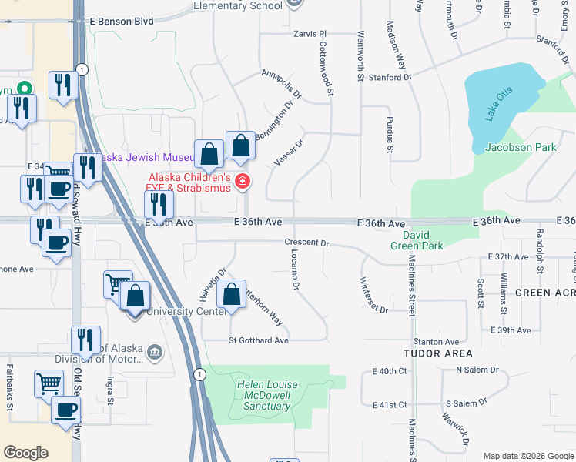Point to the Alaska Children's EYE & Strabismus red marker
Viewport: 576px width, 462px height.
243,182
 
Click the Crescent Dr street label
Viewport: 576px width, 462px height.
306,243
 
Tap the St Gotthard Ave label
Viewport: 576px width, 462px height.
259,340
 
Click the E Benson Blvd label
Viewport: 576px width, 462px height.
122,22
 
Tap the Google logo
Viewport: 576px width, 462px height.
25,453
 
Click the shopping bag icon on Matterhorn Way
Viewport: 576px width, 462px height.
231,293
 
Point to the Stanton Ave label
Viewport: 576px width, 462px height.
436,341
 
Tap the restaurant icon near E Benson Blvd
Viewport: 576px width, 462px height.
62,85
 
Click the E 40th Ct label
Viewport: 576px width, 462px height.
389,371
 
